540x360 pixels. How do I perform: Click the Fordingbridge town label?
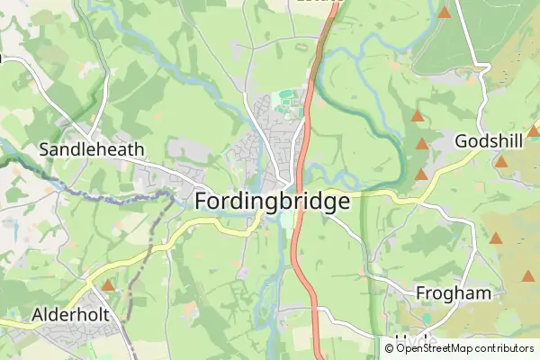tap(272, 202)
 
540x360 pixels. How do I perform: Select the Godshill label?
tap(488, 141)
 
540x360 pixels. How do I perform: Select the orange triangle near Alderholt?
tap(108, 284)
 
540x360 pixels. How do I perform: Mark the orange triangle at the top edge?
tap(444, 12)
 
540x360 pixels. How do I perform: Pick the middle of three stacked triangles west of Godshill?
tap(422, 144)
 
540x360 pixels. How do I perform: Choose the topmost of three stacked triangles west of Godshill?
tap(417, 116)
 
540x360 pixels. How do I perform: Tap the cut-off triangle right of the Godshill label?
tap(534, 131)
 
